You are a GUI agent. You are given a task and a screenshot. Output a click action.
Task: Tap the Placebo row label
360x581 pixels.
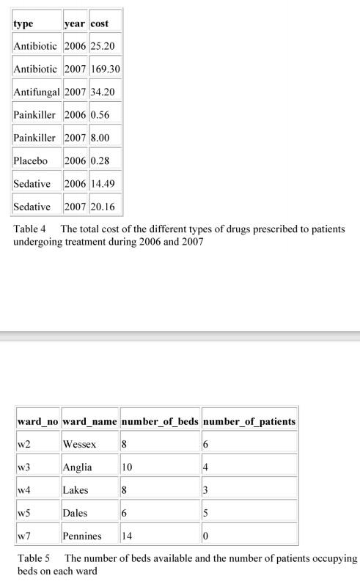[x=30, y=160]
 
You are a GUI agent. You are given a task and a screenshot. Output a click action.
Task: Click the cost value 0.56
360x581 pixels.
[x=100, y=115]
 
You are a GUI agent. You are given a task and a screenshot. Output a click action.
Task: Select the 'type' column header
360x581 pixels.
[x=23, y=23]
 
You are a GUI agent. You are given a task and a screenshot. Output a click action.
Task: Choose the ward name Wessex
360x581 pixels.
[x=79, y=444]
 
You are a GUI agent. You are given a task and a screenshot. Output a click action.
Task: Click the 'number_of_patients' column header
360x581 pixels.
[x=249, y=421]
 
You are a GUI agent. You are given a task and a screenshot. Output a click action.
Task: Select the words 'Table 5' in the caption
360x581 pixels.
[x=34, y=558]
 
